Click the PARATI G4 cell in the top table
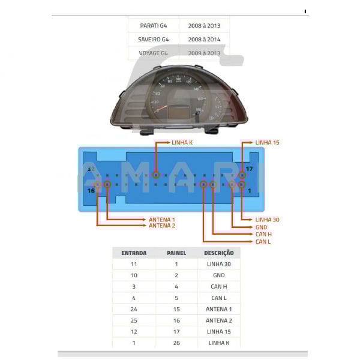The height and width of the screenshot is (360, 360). [x=154, y=25]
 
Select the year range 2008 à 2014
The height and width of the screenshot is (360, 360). [x=204, y=39]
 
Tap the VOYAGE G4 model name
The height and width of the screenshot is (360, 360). [x=154, y=53]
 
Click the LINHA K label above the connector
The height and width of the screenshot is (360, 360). [x=182, y=143]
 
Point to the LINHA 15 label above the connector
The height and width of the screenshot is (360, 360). [x=267, y=143]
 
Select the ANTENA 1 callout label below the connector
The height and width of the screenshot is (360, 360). [x=162, y=220]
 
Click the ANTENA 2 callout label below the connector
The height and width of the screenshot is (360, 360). [x=162, y=226]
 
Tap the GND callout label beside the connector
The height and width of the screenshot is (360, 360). [x=261, y=227]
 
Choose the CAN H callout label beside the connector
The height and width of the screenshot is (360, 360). [x=263, y=235]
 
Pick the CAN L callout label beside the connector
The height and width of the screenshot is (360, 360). [x=263, y=242]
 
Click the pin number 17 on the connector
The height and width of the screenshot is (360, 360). [x=249, y=169]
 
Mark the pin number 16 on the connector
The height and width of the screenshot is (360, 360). [x=91, y=191]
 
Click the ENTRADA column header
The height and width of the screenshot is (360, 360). [x=134, y=253]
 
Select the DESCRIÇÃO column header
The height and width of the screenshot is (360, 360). [x=219, y=253]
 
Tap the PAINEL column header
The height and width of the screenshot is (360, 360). [x=176, y=253]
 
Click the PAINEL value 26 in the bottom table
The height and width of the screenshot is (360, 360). [x=176, y=343]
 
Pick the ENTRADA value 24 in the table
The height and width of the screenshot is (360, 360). [x=134, y=309]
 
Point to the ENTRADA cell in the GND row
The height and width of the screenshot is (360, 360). [x=134, y=275]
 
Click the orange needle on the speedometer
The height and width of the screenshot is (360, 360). [x=160, y=109]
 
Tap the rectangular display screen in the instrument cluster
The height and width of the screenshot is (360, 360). [x=179, y=112]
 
